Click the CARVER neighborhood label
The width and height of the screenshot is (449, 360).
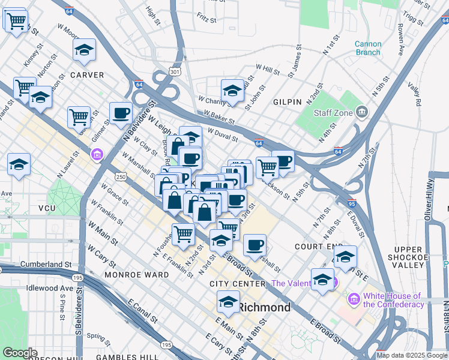tap(86, 75)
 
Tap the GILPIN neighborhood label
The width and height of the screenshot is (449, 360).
tap(286, 102)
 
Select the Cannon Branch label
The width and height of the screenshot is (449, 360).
tap(367, 48)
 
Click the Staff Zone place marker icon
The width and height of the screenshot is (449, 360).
tap(362, 112)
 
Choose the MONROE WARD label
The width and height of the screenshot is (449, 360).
tap(136, 274)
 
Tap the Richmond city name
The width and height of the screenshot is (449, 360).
tap(264, 307)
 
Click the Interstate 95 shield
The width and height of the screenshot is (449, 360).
tap(351, 203)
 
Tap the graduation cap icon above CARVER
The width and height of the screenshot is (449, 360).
tap(84, 50)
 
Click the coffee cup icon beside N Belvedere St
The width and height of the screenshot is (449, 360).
tap(121, 113)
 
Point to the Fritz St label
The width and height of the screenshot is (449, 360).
tap(206, 19)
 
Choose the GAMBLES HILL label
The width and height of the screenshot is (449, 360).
tap(131, 357)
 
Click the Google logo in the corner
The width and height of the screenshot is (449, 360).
tap(20, 353)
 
